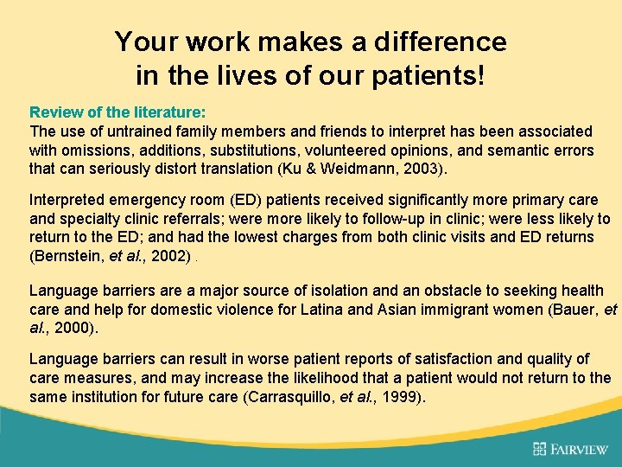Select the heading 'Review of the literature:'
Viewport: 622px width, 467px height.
click(x=117, y=112)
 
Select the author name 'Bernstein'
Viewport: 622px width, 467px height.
click(x=69, y=257)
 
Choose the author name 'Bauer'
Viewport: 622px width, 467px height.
click(x=579, y=310)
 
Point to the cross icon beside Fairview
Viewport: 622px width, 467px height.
click(x=540, y=448)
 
